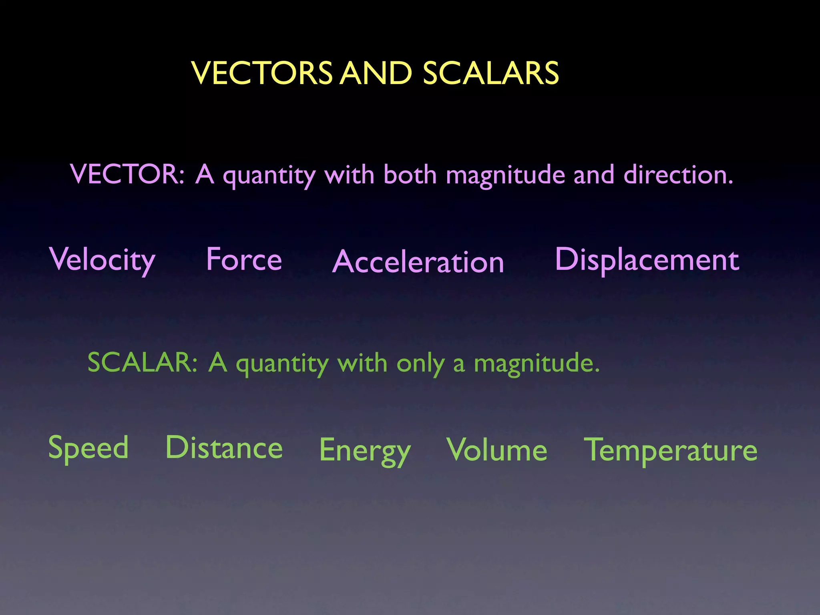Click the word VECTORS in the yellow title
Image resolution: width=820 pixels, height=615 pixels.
point(262,73)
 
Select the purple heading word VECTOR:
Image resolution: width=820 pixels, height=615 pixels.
point(127,175)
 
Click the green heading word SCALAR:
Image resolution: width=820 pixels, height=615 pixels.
point(143,363)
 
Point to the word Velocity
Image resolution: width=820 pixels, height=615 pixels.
point(102,260)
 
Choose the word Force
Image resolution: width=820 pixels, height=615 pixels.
point(244,259)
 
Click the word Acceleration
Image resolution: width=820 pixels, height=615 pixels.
point(418,262)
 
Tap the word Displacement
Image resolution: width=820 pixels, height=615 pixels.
point(647,260)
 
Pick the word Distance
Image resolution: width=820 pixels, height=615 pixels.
point(224,448)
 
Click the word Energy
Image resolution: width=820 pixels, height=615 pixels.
point(365,451)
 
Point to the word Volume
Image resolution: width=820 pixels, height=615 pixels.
point(497,450)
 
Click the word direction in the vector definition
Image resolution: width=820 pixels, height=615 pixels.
point(678,175)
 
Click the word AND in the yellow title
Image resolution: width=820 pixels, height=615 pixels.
point(376,73)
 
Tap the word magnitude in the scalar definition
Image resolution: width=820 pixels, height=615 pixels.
point(537,364)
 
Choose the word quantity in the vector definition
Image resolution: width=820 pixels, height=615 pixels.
point(269,176)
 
